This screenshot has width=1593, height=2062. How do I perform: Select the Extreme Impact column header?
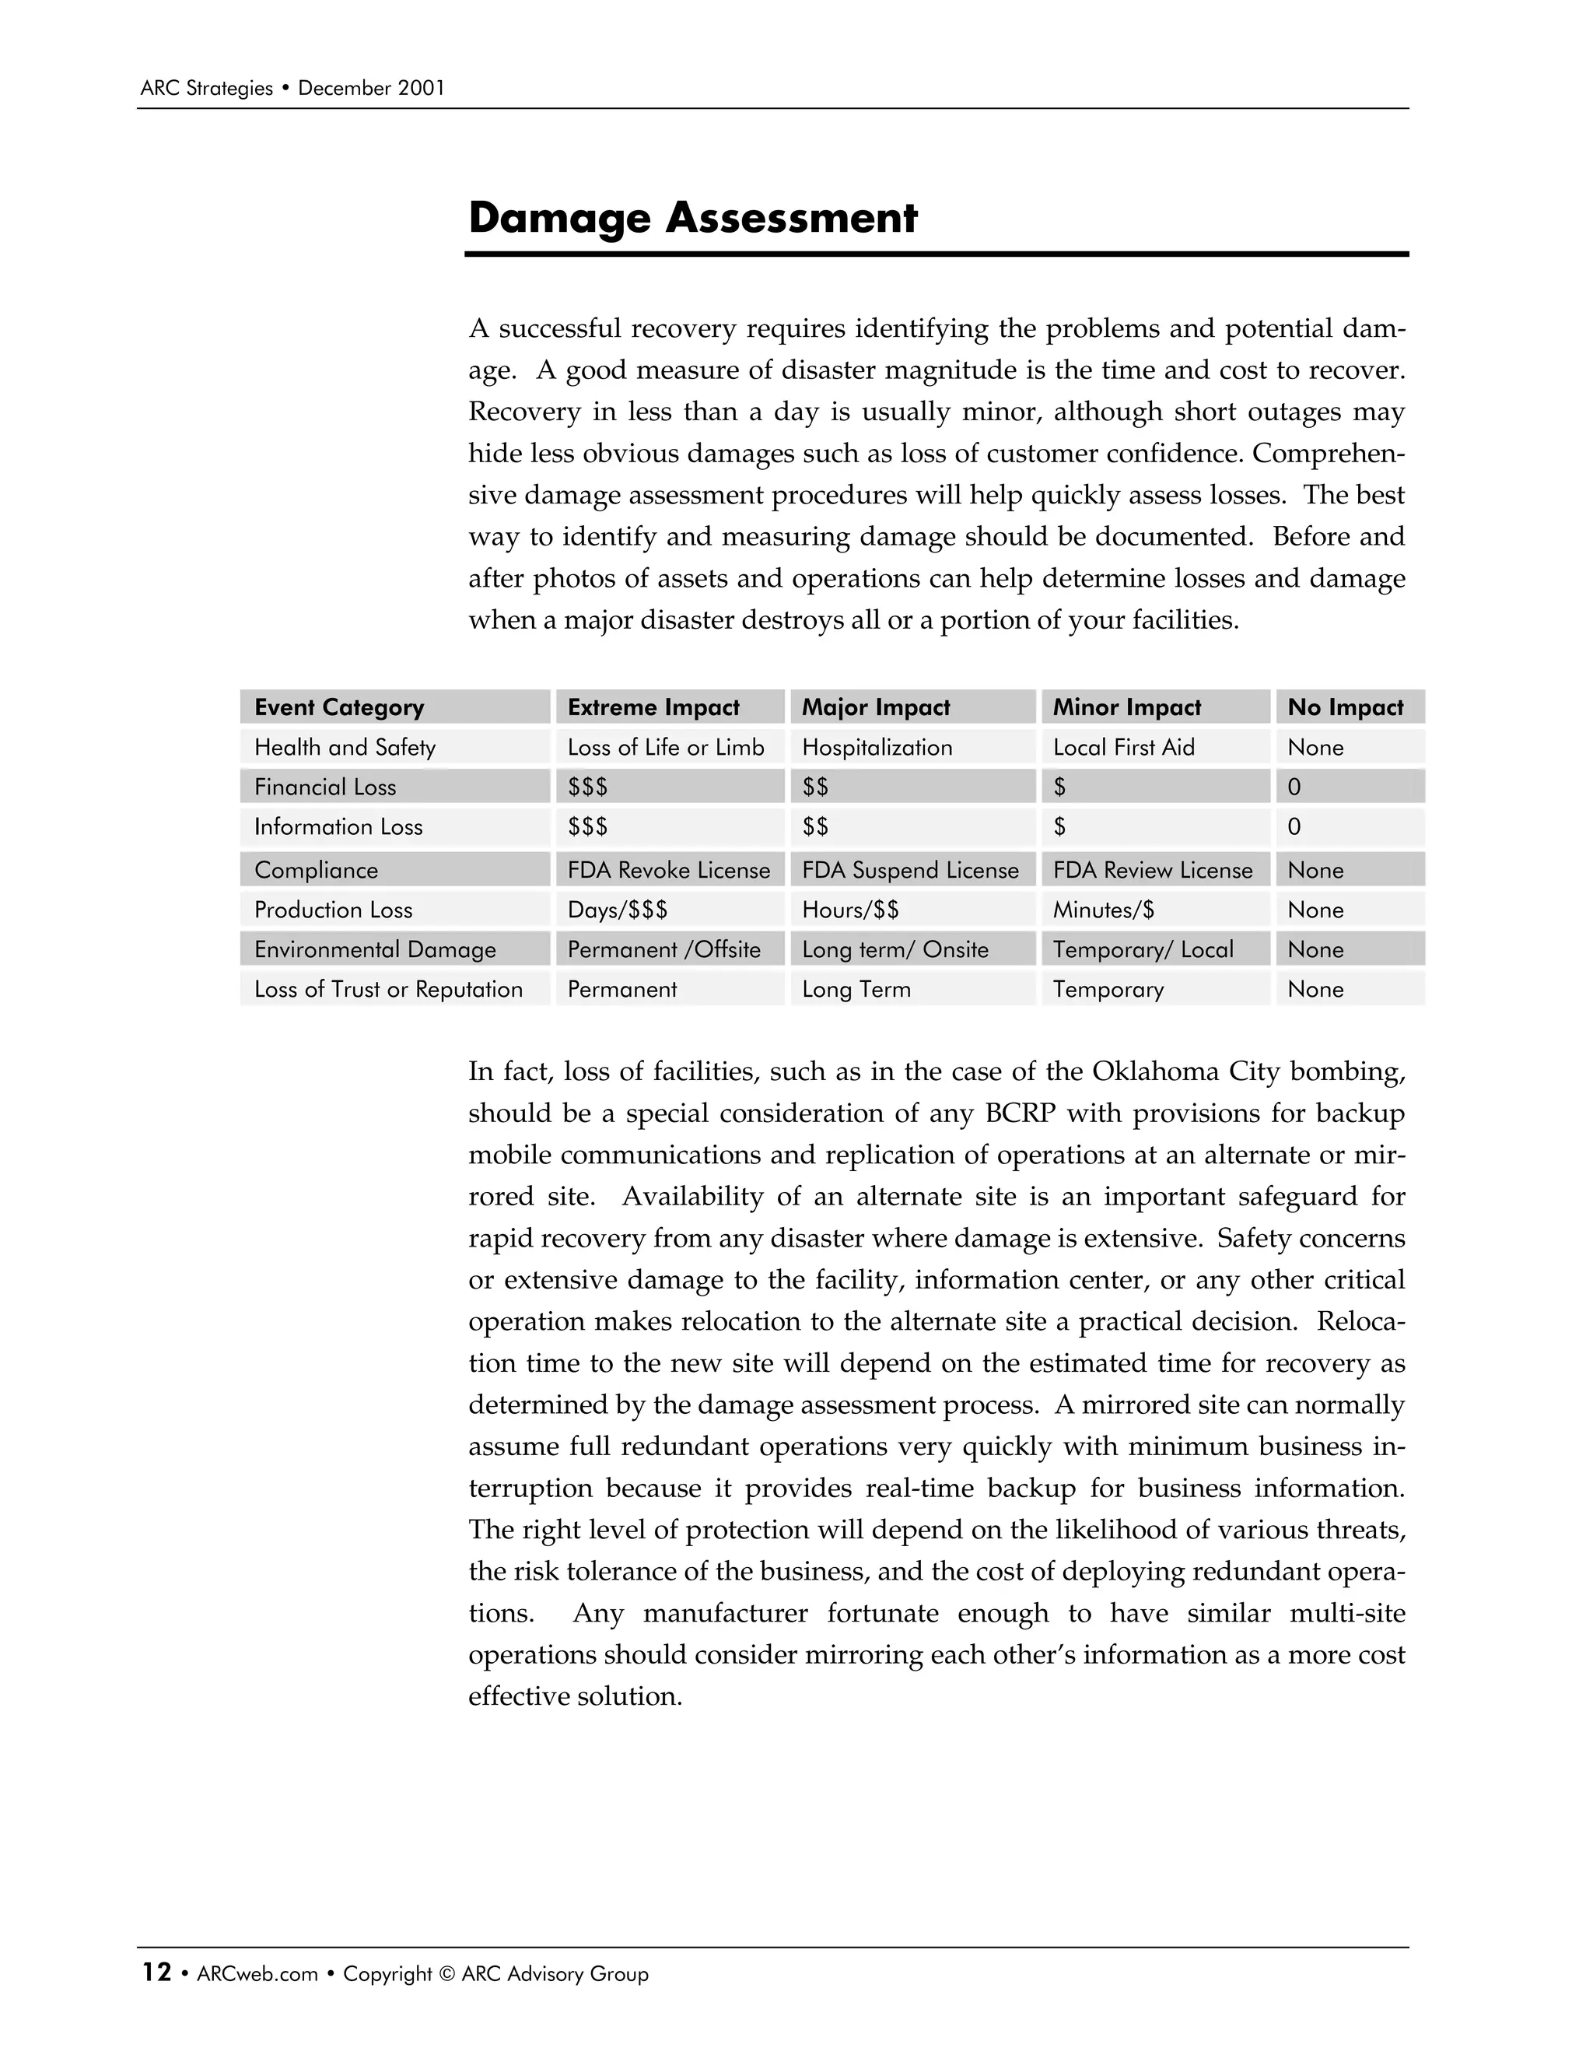click(653, 707)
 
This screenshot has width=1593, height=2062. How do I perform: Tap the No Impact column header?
click(1345, 707)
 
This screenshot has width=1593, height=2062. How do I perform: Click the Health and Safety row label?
click(345, 747)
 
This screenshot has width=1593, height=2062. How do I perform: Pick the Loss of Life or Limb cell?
click(665, 747)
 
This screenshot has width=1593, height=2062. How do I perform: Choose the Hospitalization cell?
click(877, 747)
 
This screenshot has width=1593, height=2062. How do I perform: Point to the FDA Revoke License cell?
click(668, 870)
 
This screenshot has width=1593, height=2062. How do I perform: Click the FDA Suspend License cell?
click(910, 870)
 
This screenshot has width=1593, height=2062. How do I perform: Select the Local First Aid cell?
click(1123, 747)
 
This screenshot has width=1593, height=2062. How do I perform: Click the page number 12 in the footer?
click(156, 1973)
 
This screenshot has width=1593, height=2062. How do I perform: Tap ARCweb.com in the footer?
click(257, 1974)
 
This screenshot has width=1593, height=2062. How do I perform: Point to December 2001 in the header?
click(371, 89)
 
